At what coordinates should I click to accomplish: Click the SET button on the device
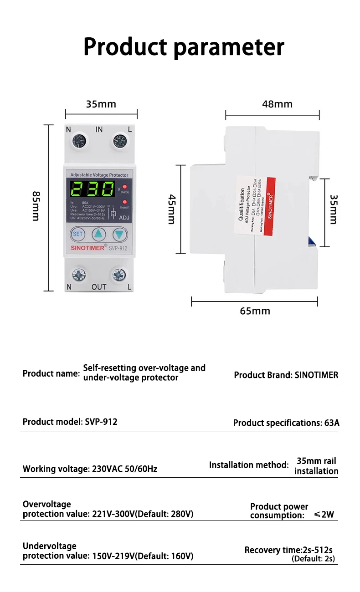pyautogui.click(x=78, y=234)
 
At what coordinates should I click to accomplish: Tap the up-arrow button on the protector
pyautogui.click(x=99, y=234)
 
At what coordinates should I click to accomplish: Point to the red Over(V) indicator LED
pyautogui.click(x=124, y=187)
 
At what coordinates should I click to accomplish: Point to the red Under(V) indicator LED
pyautogui.click(x=124, y=202)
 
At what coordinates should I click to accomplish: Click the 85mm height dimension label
pyautogui.click(x=36, y=206)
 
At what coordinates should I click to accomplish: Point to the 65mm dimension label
pyautogui.click(x=255, y=311)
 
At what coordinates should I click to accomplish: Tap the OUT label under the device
pyautogui.click(x=99, y=287)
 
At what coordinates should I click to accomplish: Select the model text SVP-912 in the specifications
pyautogui.click(x=101, y=422)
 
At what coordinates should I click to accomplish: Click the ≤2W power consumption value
pyautogui.click(x=324, y=515)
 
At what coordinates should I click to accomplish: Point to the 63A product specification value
pyautogui.click(x=332, y=423)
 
